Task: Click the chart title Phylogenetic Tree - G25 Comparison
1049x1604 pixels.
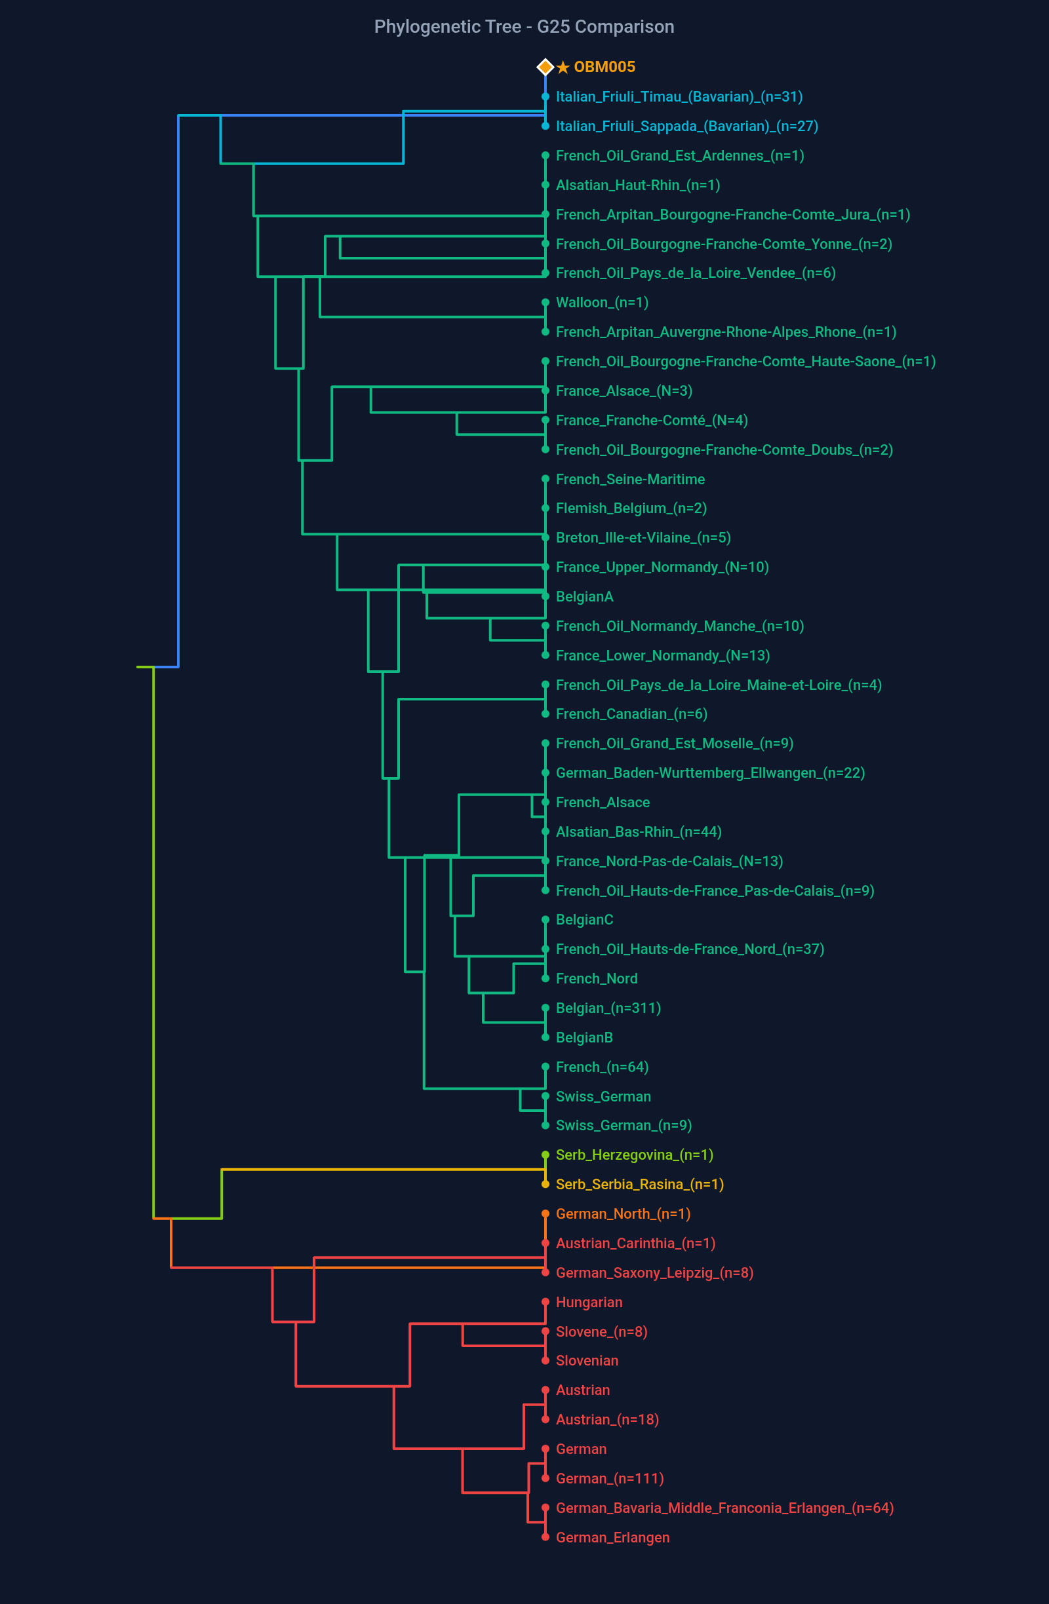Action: tap(524, 27)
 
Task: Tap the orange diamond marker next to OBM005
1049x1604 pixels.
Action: tap(545, 67)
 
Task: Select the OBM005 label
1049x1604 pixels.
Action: tap(604, 67)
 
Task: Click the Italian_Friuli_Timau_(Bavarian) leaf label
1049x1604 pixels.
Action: tap(678, 97)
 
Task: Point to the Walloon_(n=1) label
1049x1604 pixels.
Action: tap(601, 303)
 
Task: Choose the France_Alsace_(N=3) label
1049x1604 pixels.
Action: tap(623, 391)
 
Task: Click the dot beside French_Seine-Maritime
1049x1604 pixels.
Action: tap(545, 479)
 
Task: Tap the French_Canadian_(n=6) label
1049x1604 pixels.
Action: tap(631, 714)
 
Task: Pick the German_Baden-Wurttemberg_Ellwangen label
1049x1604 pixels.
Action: tap(709, 773)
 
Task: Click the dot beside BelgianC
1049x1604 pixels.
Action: tap(545, 919)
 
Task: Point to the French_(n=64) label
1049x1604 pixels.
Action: tap(601, 1067)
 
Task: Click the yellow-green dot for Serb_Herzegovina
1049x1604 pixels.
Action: tap(545, 1155)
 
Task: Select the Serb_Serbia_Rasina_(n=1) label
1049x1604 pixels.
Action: tap(639, 1184)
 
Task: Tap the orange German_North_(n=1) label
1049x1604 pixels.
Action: tap(622, 1213)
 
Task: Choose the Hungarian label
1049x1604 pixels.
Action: tap(589, 1302)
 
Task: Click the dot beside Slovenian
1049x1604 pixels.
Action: tap(545, 1361)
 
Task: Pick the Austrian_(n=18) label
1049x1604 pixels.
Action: tap(606, 1419)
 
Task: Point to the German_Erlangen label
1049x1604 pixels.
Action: tap(612, 1537)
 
